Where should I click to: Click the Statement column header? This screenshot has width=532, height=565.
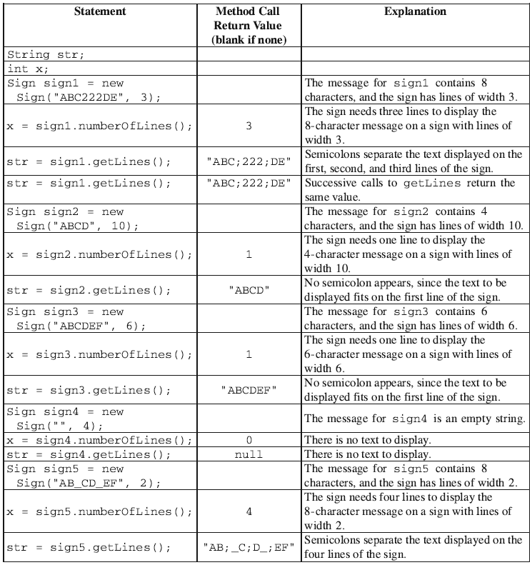point(100,11)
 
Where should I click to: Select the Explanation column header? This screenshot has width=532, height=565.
point(415,11)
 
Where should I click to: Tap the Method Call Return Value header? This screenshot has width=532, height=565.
point(249,26)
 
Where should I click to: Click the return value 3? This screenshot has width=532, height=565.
point(249,126)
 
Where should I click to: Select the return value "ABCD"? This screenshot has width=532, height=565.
point(249,291)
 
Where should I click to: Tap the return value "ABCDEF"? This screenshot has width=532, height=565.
point(249,391)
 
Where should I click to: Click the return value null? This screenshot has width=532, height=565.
point(249,454)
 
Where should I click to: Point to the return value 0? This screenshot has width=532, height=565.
point(249,440)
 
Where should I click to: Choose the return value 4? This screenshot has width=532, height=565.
point(249,511)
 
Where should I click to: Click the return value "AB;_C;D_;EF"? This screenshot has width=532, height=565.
point(249,548)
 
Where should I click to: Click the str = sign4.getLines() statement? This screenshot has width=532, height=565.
point(89,454)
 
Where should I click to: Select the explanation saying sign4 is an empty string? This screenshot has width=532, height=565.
point(415,419)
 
